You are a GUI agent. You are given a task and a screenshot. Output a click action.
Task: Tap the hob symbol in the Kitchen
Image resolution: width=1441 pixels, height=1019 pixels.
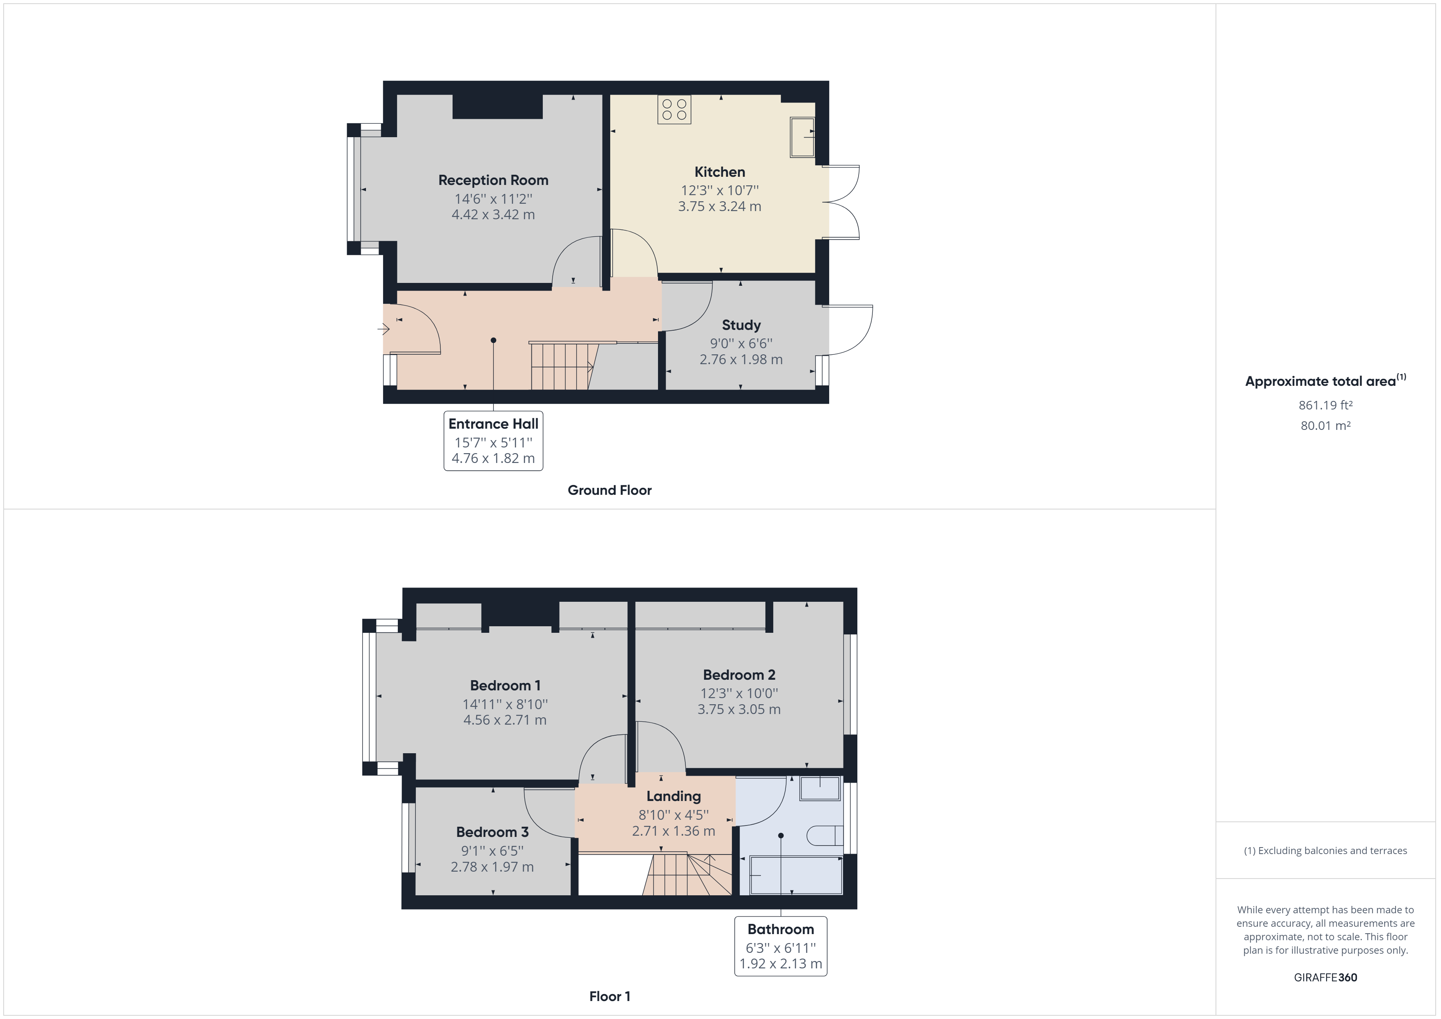click(674, 109)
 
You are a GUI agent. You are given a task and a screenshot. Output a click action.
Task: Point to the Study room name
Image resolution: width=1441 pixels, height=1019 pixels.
click(741, 325)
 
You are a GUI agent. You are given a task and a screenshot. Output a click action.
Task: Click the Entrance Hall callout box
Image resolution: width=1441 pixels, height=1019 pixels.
click(493, 441)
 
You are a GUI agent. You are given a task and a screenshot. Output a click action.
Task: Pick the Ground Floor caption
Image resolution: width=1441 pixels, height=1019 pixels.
click(609, 490)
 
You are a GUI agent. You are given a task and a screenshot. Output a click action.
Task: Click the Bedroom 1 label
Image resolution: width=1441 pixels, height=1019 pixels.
click(505, 685)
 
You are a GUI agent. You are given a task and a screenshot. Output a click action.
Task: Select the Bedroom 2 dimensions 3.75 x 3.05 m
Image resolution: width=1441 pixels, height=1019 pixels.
click(739, 709)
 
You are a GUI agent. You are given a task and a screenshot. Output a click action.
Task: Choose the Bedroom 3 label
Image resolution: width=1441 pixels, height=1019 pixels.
click(492, 832)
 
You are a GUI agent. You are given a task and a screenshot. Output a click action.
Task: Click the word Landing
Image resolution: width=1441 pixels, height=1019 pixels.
click(674, 796)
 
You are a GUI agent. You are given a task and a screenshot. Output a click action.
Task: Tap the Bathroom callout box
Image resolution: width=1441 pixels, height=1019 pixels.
click(781, 946)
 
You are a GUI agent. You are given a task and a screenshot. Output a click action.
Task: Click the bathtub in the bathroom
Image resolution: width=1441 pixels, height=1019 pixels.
click(796, 875)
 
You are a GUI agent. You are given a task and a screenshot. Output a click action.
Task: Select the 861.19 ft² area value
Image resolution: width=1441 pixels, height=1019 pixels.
click(1325, 405)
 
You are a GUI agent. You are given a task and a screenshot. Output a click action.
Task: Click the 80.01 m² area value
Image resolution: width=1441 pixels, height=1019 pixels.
click(1325, 425)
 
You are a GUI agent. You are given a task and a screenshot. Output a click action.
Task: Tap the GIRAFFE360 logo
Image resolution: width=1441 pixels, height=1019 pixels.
click(1325, 977)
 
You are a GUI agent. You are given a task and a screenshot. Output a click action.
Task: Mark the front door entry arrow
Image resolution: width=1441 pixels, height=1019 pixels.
click(383, 329)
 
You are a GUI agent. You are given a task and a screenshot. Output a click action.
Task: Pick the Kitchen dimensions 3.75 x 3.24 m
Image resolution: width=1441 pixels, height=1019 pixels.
click(719, 207)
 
